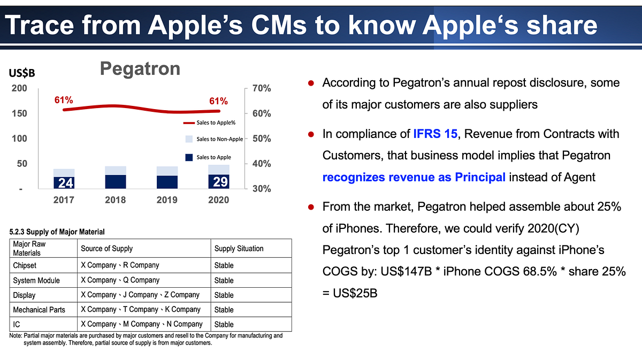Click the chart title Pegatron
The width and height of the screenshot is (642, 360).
point(140,69)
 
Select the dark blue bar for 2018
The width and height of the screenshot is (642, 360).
point(116,182)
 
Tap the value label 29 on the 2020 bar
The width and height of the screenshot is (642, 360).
point(220,182)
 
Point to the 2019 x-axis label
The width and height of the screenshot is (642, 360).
point(167,200)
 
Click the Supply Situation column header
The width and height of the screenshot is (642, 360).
point(239,249)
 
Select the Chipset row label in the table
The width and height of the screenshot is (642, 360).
point(25,265)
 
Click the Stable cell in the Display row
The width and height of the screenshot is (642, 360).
point(224,295)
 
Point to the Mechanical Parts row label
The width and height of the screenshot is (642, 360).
point(39,310)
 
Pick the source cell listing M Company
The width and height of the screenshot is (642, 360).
point(141,324)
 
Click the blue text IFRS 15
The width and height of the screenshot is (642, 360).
point(435,134)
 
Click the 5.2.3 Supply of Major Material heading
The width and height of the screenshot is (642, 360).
point(57,232)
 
